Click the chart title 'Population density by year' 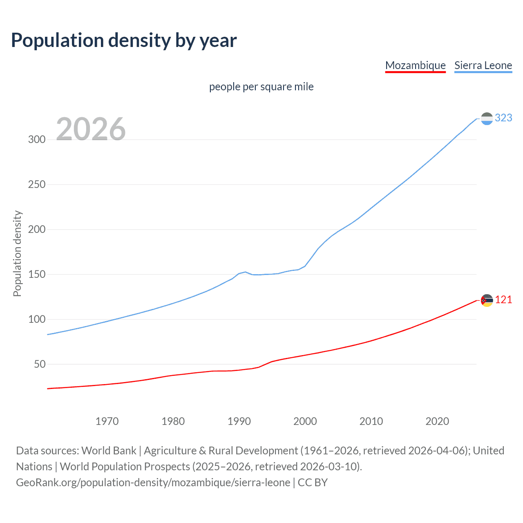(x=124, y=40)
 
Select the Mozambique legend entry (x=415, y=65)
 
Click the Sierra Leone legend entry (x=483, y=65)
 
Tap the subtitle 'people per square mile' (x=261, y=87)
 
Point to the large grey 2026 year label (x=91, y=129)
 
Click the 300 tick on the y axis (x=37, y=139)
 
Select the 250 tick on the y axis (x=37, y=184)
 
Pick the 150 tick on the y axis (x=37, y=274)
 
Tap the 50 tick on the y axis (x=40, y=364)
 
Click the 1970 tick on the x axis (x=107, y=421)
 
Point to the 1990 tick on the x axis (x=239, y=421)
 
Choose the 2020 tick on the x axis (x=437, y=421)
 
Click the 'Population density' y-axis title (x=17, y=253)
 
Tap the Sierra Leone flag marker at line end (x=487, y=118)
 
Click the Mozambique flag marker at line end (x=487, y=300)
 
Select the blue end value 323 (x=503, y=118)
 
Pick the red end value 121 (x=503, y=300)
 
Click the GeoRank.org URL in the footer (x=153, y=483)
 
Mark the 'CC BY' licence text (x=313, y=483)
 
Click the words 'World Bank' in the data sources (x=109, y=451)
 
